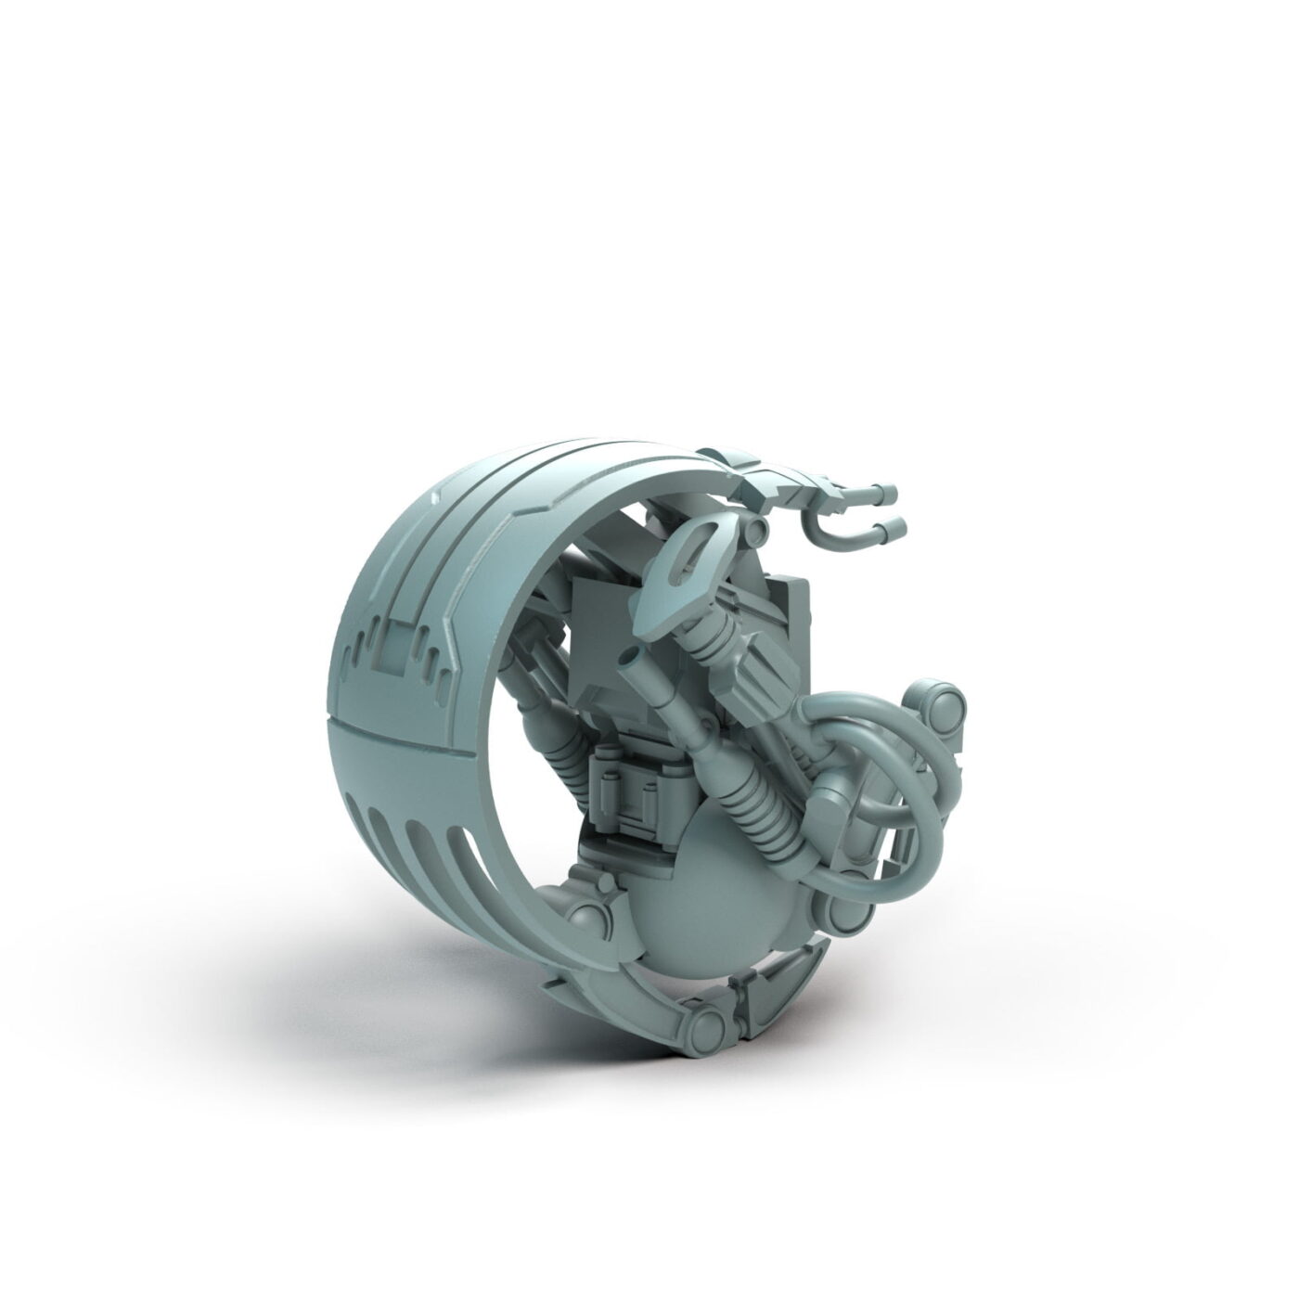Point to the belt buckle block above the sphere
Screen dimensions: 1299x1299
pos(635,789)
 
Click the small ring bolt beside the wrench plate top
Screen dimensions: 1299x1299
pos(760,528)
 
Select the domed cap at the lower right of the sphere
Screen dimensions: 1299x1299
pos(849,914)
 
